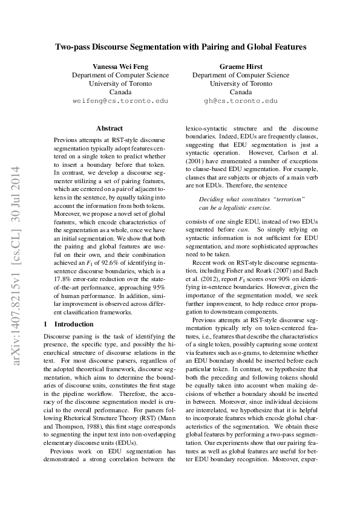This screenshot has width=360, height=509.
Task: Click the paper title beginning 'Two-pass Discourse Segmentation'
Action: pyautogui.click(x=180, y=46)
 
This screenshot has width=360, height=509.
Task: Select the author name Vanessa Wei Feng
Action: pyautogui.click(x=120, y=66)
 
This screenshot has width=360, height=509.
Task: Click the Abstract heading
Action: pyautogui.click(x=110, y=128)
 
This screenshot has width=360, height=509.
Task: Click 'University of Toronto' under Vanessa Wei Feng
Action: pyautogui.click(x=120, y=84)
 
